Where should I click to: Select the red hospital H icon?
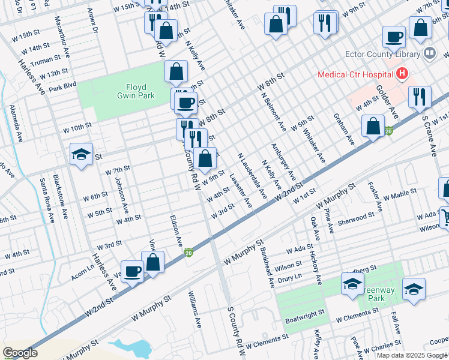point(402,74)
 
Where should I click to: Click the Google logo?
point(20,353)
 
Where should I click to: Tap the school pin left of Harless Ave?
point(81,155)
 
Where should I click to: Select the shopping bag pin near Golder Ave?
point(373,126)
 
